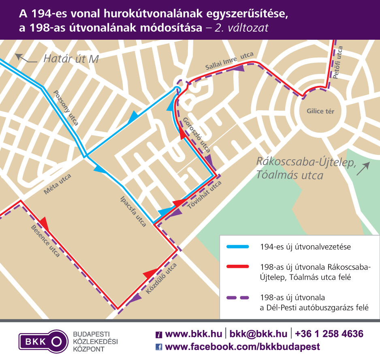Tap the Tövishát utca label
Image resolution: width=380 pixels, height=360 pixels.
coord(205,195)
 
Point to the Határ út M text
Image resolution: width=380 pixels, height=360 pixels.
coord(71,59)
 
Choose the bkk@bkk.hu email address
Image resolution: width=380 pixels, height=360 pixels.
coord(258,334)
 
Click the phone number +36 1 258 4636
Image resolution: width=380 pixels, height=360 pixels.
coord(329,334)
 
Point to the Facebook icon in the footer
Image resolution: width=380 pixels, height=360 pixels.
coord(159,347)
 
